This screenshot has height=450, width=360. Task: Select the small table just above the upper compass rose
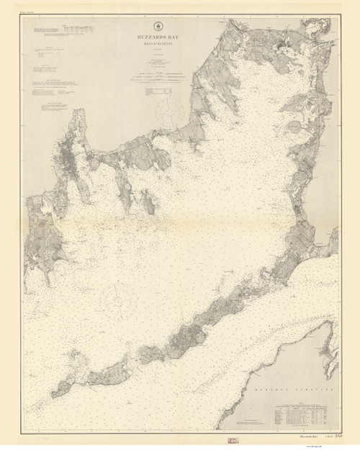click(158, 91)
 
